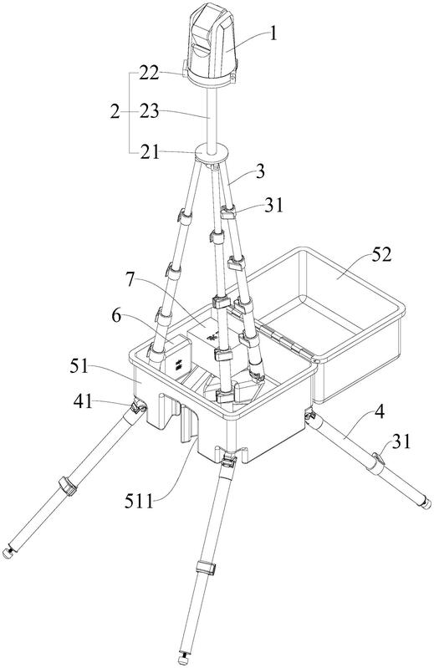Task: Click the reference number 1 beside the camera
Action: point(273,33)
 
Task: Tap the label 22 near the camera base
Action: point(149,74)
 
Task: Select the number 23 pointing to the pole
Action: point(149,112)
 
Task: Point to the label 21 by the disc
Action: point(149,152)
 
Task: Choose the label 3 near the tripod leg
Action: point(260,171)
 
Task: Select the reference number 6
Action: point(116,316)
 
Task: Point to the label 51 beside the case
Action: point(79,366)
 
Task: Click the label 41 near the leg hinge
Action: point(83,401)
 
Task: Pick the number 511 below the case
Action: point(139,502)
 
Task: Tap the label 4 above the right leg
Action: point(380,412)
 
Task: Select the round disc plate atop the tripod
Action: point(211,153)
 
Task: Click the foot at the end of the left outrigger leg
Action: point(8,553)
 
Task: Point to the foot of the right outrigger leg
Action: point(426,504)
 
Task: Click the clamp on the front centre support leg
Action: point(206,569)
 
